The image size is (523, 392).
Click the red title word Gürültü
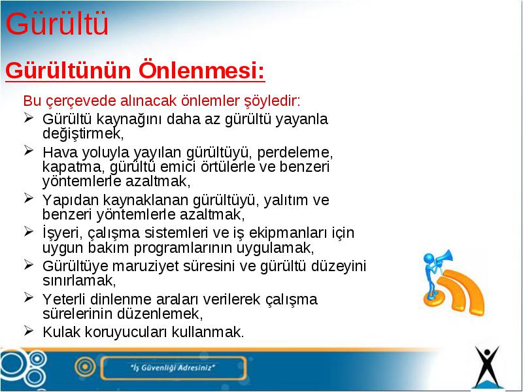pyautogui.click(x=57, y=24)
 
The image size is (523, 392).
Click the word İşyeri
pyautogui.click(x=61, y=233)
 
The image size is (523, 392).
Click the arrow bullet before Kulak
pyautogui.click(x=29, y=331)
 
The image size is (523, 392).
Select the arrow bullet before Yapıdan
pyautogui.click(x=29, y=199)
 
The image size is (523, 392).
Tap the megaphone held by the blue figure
pyautogui.click(x=444, y=257)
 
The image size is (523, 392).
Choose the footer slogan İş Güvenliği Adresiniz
pyautogui.click(x=173, y=368)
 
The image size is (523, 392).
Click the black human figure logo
pyautogui.click(x=487, y=367)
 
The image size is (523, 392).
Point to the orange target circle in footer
pyautogui.click(x=86, y=367)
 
